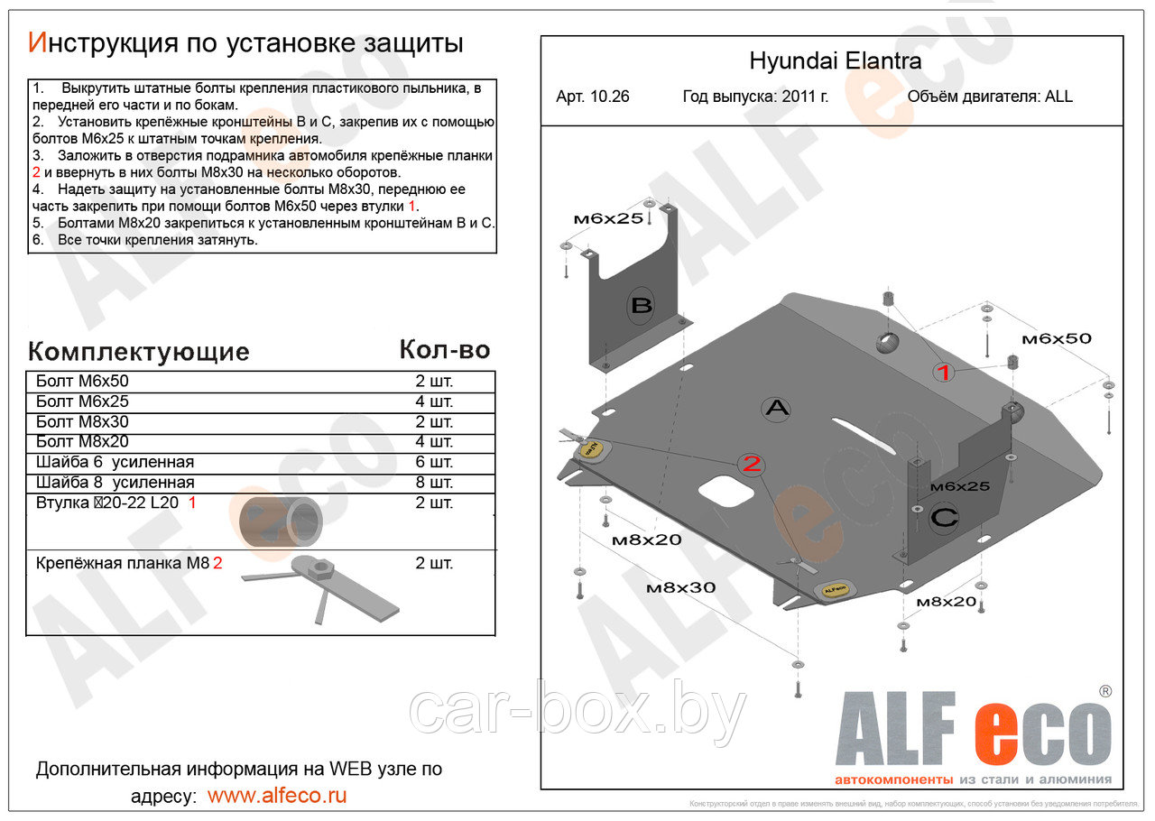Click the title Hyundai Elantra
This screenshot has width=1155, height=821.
point(836,61)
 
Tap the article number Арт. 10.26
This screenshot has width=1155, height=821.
point(593,97)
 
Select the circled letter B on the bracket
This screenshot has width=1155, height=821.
point(641,306)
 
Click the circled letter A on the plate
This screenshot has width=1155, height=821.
point(776,409)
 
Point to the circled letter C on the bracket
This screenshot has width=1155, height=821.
point(944,518)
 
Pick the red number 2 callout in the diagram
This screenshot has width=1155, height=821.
point(752,464)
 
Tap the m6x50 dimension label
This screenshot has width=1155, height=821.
point(1056,338)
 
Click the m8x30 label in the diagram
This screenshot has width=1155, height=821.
point(680,587)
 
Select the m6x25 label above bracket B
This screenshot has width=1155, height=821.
point(608,218)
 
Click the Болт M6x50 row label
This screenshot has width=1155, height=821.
point(82,381)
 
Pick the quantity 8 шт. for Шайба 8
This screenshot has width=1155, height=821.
point(434,483)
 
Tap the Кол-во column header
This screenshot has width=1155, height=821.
point(444,350)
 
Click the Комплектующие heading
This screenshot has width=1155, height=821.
point(138,351)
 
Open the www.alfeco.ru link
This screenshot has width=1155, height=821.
point(276,796)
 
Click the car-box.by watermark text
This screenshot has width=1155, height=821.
point(577,713)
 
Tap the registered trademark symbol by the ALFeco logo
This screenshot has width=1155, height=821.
point(1104,691)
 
